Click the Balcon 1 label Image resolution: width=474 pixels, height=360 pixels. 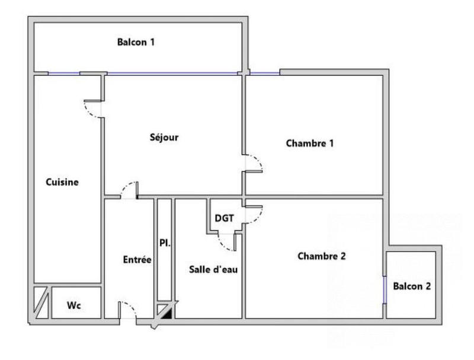tap(136, 42)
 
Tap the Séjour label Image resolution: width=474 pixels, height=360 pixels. tap(164, 138)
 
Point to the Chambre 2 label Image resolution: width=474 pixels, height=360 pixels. tap(321, 256)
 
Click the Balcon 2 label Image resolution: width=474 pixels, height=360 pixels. tap(412, 286)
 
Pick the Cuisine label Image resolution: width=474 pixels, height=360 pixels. tap(62, 182)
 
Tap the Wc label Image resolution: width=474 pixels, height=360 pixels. tap(73, 305)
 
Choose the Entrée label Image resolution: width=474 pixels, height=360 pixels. tap(137, 260)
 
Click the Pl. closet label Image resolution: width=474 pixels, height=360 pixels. tap(165, 242)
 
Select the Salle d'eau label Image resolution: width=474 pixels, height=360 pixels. tap(213, 269)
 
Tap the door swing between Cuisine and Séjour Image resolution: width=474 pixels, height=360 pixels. tap(93, 108)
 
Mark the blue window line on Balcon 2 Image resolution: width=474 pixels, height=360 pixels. tap(385, 290)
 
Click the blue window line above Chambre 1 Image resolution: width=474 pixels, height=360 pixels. tap(264, 74)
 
